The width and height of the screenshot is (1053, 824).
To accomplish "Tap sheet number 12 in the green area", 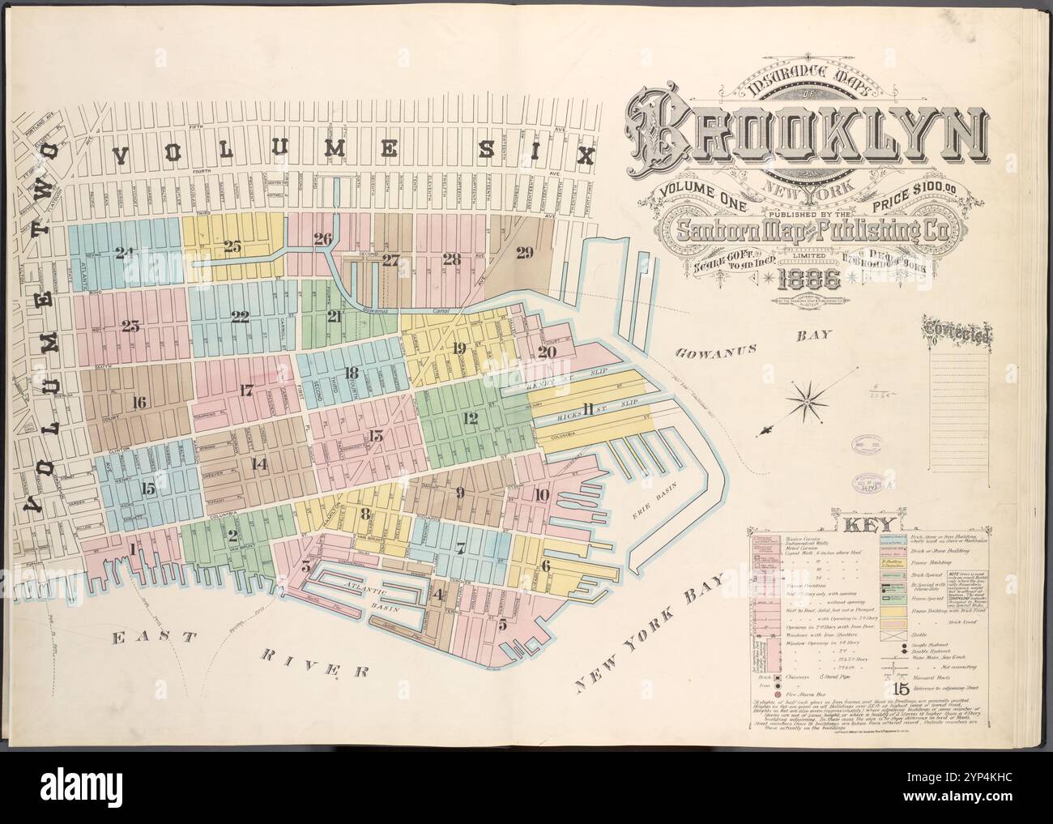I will [x=469, y=418].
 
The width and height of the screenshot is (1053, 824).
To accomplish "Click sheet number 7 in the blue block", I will [x=459, y=549].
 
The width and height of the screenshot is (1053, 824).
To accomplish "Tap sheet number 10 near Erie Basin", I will [x=540, y=495].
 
